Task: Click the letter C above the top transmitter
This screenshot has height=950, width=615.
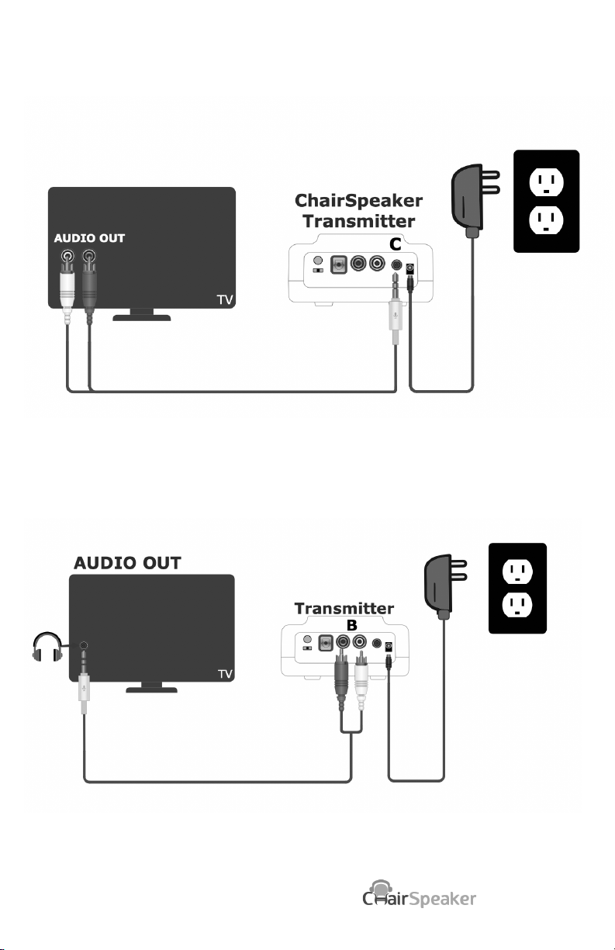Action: coord(395,244)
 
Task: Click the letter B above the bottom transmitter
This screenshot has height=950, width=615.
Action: coord(351,625)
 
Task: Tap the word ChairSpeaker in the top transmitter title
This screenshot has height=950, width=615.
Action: coord(358,201)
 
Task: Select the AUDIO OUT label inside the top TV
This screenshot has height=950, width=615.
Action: coord(89,238)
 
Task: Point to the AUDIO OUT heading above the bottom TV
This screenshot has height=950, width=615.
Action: coord(127,563)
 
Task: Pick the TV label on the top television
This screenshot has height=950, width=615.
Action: coord(225,300)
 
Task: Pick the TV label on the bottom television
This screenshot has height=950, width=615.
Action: coord(225,674)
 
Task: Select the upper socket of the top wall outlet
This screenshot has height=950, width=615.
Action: coord(546,181)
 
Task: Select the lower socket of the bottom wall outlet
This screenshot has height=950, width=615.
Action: coord(517,605)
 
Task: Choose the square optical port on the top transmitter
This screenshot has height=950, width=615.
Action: coord(338,264)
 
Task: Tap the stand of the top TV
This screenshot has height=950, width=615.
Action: coord(142,315)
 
